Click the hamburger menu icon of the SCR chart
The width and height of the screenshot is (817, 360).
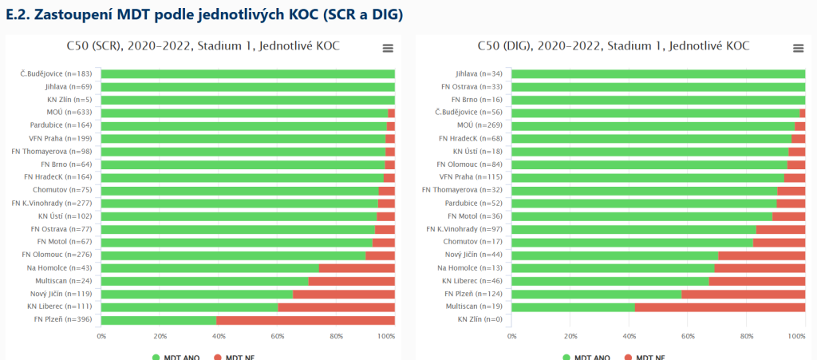coord(388,48)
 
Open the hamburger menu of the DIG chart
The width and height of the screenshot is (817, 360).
coord(798,48)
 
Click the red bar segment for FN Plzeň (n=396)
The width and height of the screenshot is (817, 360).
coord(306,319)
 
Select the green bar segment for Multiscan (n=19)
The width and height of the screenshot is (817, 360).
coord(573,307)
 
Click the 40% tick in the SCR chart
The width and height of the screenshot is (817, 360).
coord(219,336)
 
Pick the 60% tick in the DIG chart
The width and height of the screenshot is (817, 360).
coord(688,336)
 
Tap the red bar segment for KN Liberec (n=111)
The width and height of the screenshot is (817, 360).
coord(336,307)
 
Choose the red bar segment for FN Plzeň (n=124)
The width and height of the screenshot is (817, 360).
coord(743,294)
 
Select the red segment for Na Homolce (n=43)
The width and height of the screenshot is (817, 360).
coord(357,268)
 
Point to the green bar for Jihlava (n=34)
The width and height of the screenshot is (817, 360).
coord(657,74)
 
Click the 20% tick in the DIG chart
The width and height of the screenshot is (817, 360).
coord(570,336)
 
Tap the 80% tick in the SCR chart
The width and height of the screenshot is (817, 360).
coord(336,336)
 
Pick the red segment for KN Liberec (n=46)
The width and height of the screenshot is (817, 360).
coord(756,281)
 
